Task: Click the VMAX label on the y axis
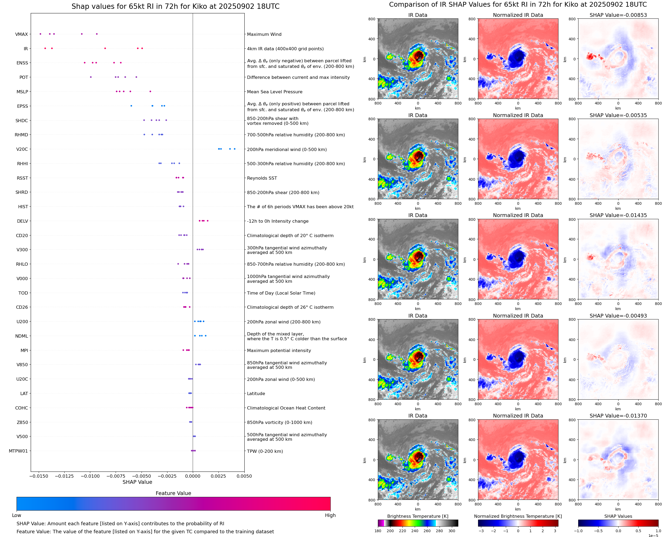tap(21, 34)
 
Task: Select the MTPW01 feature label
tap(18, 451)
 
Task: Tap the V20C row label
tap(22, 149)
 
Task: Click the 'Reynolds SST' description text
tap(262, 178)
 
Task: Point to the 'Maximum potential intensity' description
tap(279, 350)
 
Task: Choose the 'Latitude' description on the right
tap(256, 393)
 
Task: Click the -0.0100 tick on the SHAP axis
tap(90, 476)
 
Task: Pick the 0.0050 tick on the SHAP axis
tap(244, 476)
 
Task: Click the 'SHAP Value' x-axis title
tap(137, 482)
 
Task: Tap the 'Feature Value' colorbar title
tap(173, 493)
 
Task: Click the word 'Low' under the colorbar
tap(16, 515)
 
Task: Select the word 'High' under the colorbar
tap(330, 515)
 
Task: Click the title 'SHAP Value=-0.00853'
tap(618, 15)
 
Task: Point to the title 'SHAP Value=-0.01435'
tap(618, 215)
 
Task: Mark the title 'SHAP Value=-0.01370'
tap(618, 416)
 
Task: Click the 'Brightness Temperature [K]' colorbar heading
tap(417, 516)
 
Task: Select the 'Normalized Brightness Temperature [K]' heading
tap(518, 516)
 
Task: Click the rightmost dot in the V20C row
tap(234, 149)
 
